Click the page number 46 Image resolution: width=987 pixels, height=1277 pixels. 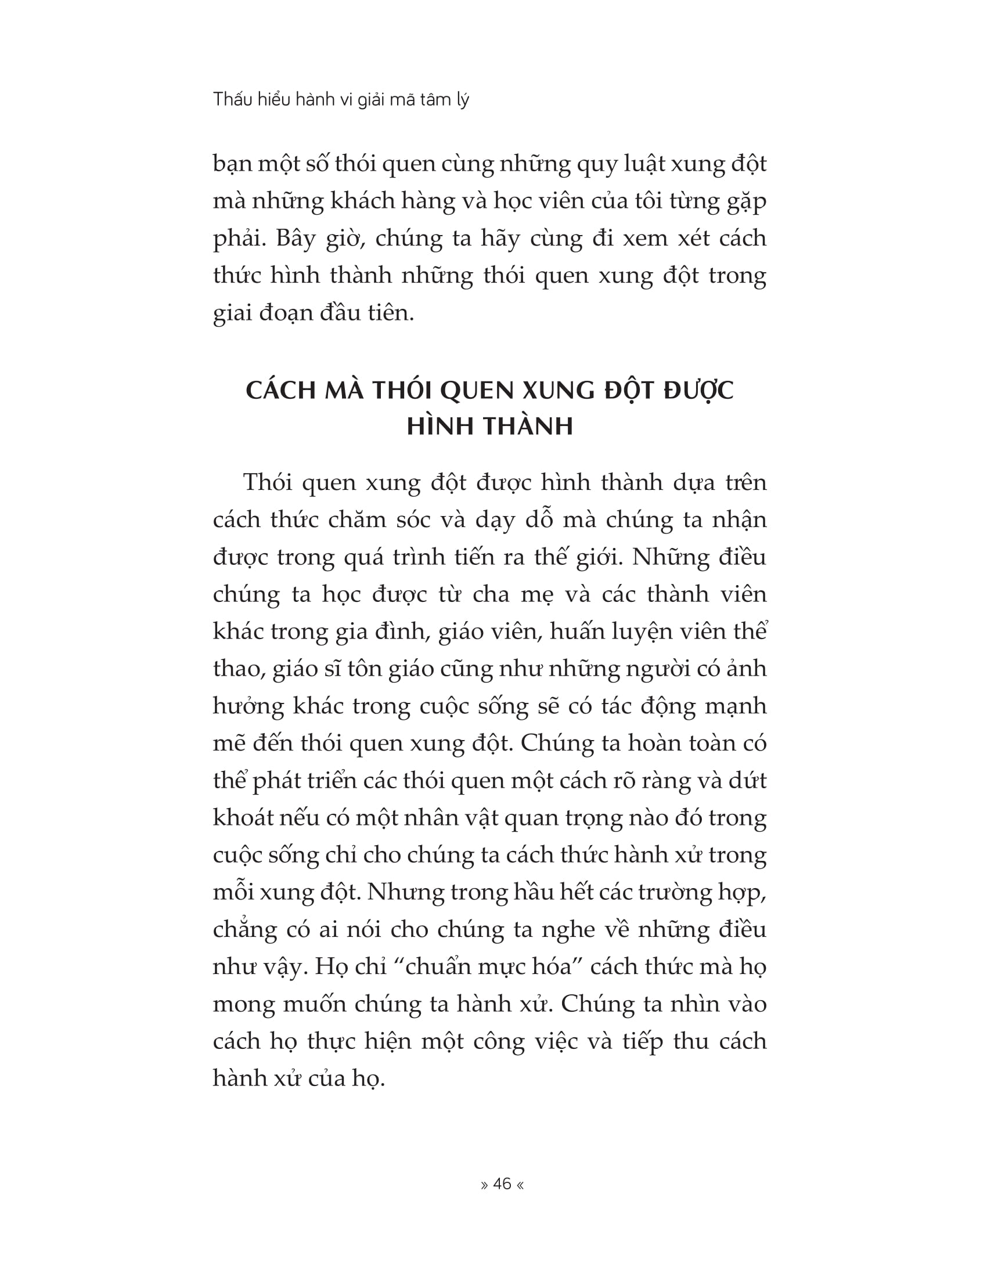coord(502,1184)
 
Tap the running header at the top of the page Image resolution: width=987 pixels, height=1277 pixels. coord(341,99)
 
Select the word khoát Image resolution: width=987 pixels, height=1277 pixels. coord(241,818)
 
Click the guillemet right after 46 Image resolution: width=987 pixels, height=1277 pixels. coord(520,1184)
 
